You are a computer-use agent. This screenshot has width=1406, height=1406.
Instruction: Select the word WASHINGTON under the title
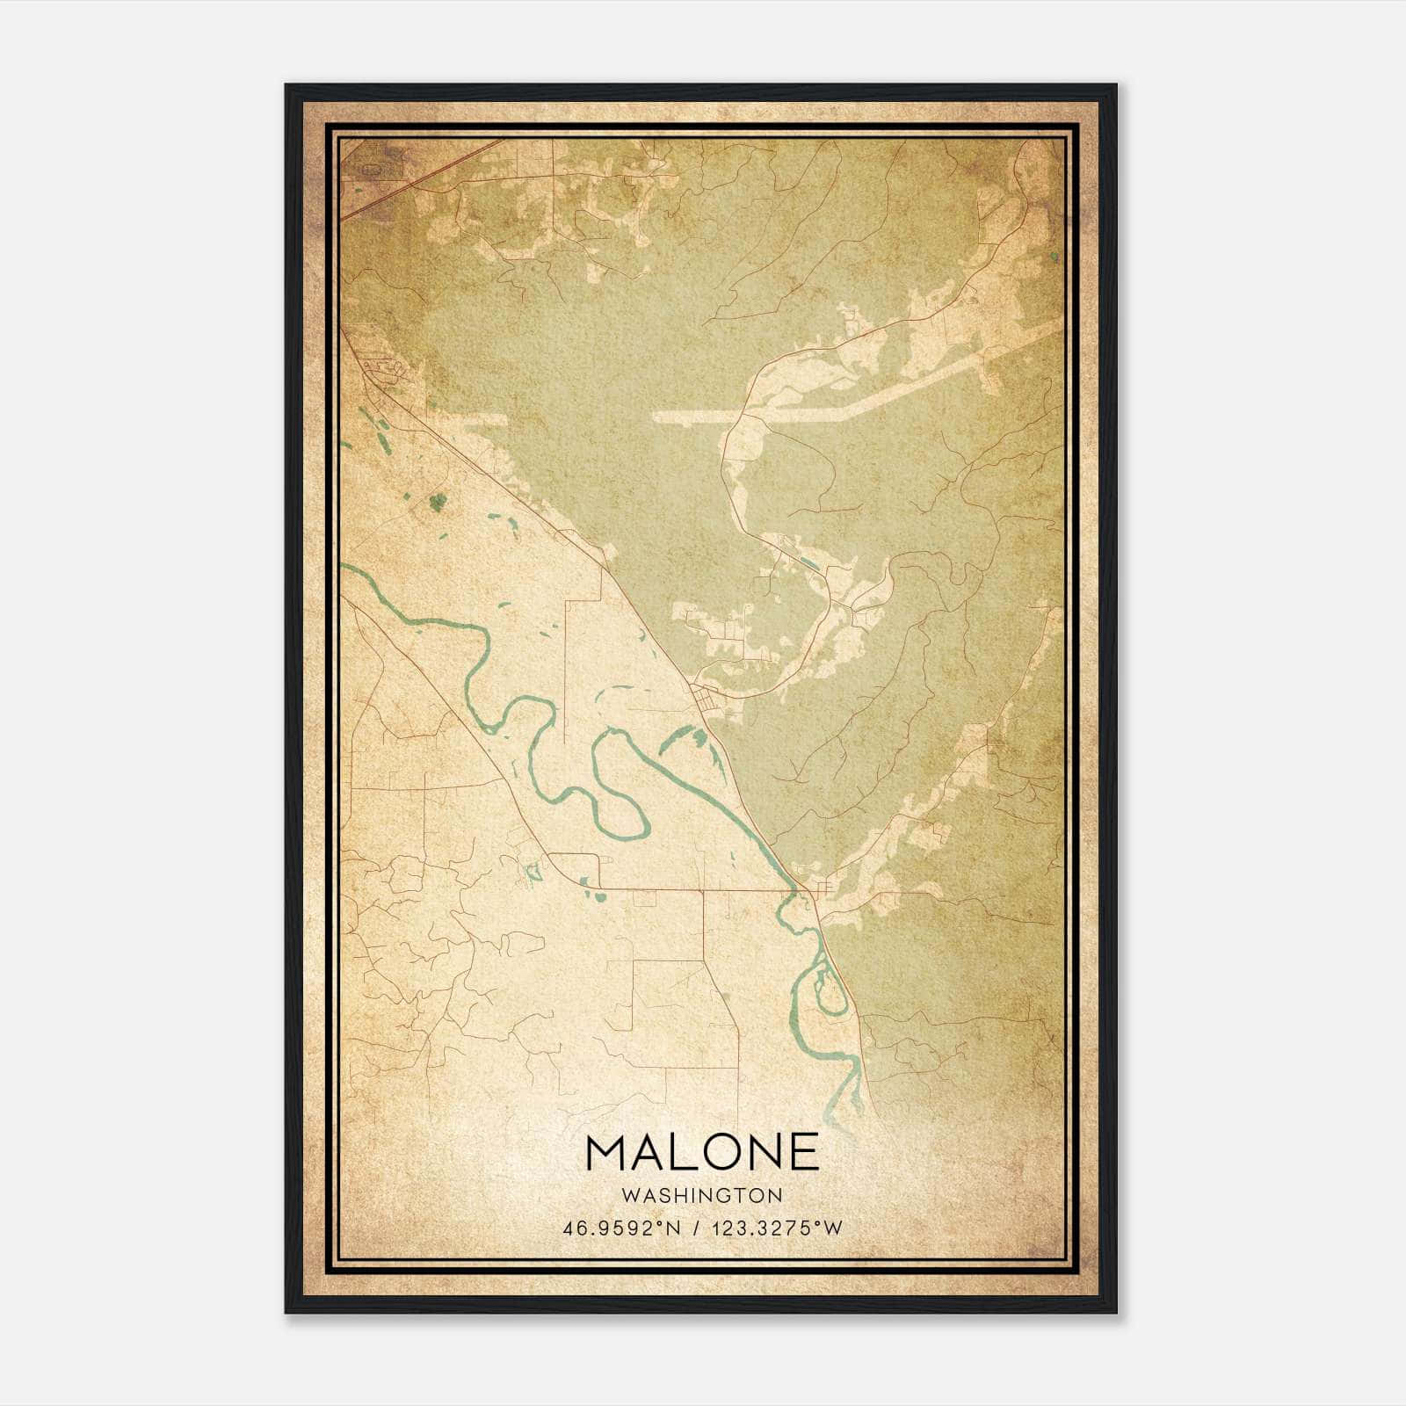pyautogui.click(x=702, y=1195)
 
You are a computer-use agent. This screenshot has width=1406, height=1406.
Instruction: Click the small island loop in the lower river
pyautogui.click(x=828, y=989)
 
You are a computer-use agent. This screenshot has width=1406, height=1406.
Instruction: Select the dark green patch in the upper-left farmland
pyautogui.click(x=437, y=502)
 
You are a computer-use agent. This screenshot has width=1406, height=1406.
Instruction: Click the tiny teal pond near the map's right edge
pyautogui.click(x=1054, y=257)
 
